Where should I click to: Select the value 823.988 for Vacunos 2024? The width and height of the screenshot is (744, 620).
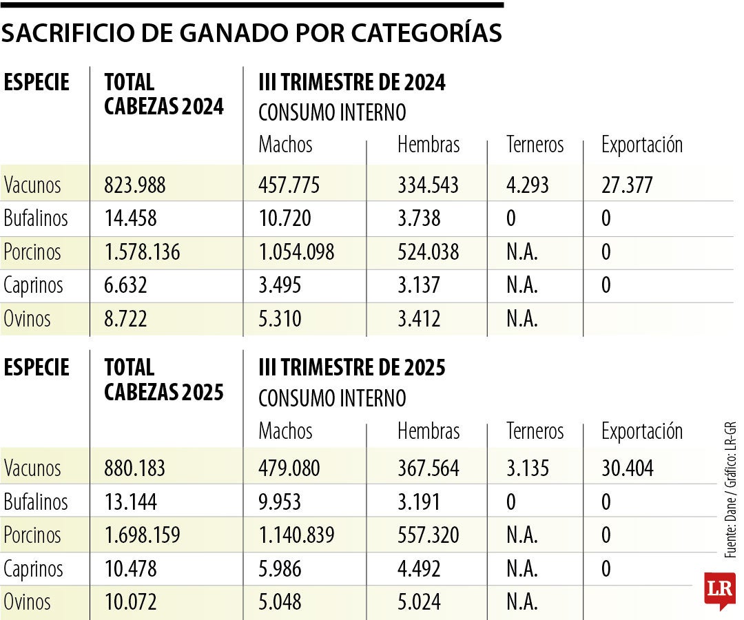click(x=135, y=185)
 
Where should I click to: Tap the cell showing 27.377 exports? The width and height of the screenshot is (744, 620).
click(x=628, y=185)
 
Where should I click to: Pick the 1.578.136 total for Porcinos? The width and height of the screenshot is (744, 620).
click(x=142, y=252)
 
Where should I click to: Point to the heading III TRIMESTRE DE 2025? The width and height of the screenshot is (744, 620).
click(x=352, y=368)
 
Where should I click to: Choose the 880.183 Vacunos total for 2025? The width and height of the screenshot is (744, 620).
click(x=135, y=468)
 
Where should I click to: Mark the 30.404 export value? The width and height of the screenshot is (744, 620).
click(x=628, y=468)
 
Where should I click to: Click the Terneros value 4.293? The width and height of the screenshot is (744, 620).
click(x=528, y=185)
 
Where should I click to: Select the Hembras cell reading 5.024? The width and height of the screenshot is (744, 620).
click(x=419, y=602)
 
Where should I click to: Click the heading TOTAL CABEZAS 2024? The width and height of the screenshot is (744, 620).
click(x=164, y=95)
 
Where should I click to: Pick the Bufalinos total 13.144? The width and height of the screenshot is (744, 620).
click(x=131, y=502)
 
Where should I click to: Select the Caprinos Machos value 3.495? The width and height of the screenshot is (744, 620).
click(x=280, y=285)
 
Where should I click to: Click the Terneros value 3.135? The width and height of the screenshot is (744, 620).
click(x=528, y=468)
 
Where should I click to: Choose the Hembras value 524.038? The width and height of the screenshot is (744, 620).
click(x=428, y=252)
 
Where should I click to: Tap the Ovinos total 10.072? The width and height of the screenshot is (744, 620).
click(x=131, y=602)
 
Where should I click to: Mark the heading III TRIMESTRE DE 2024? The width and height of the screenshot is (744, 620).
click(x=352, y=83)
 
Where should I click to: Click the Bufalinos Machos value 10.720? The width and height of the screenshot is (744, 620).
click(x=285, y=219)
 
